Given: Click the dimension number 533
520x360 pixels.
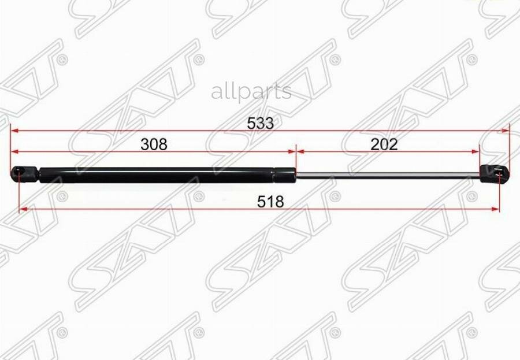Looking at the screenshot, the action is click(261, 124).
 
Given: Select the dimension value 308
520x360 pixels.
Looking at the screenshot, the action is click(154, 144).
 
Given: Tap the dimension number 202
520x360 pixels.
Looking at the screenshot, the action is click(384, 144).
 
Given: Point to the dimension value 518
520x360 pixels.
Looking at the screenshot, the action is click(270, 202).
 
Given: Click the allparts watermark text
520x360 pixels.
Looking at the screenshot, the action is click(251, 92).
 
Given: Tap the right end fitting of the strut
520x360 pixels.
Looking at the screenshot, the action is click(494, 173).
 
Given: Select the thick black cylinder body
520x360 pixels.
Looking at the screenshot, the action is click(157, 175).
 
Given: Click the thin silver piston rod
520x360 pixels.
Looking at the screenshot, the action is click(388, 175).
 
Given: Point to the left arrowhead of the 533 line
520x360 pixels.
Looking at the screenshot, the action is click(14, 131).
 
